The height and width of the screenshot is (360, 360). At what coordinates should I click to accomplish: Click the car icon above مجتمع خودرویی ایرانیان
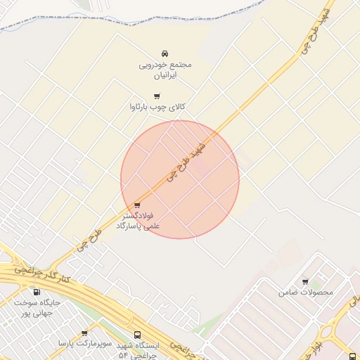pyautogui.click(x=165, y=53)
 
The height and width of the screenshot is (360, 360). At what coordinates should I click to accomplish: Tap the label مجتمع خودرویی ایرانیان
pyautogui.click(x=165, y=69)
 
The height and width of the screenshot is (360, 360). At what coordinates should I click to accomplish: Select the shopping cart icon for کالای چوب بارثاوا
pyautogui.click(x=156, y=96)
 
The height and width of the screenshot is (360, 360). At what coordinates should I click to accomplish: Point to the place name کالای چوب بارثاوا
pyautogui.click(x=157, y=107)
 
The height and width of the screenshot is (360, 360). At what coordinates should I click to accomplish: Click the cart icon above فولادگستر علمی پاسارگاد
pyautogui.click(x=136, y=205)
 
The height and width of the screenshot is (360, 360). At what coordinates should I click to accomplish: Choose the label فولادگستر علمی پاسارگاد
pyautogui.click(x=141, y=221)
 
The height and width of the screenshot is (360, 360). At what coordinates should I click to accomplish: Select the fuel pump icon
pyautogui.click(x=37, y=292)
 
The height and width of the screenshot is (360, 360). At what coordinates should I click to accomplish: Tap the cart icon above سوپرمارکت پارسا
pyautogui.click(x=84, y=333)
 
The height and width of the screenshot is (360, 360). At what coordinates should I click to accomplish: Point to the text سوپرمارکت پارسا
pyautogui.click(x=83, y=344)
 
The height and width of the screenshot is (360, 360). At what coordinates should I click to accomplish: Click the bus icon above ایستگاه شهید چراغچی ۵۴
pyautogui.click(x=136, y=335)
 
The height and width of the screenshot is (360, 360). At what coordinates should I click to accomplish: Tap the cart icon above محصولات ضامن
pyautogui.click(x=305, y=281)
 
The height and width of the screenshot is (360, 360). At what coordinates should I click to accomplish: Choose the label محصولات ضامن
pyautogui.click(x=306, y=292)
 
